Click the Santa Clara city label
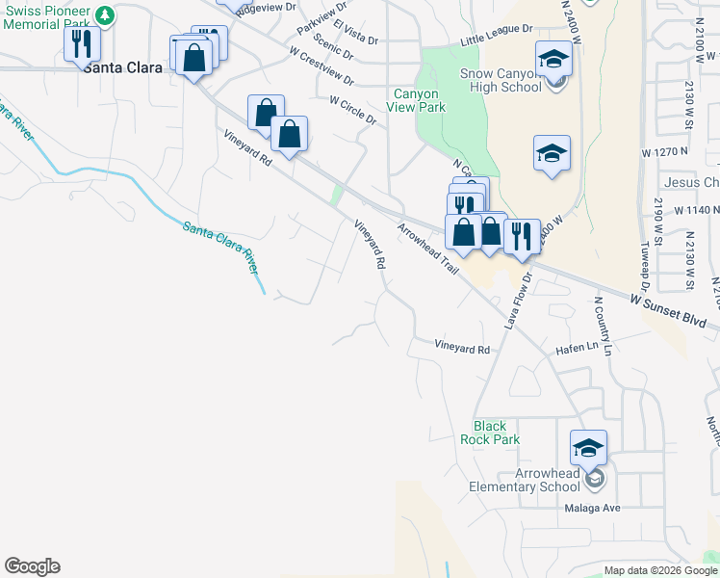tap(121, 67)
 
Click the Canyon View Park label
tap(420, 100)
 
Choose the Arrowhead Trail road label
tap(427, 250)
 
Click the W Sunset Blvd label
tap(670, 310)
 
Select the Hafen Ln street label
tap(579, 354)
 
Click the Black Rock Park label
tap(497, 433)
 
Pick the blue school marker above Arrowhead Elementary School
tap(588, 448)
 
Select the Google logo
tap(32, 566)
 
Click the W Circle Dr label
tap(352, 110)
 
